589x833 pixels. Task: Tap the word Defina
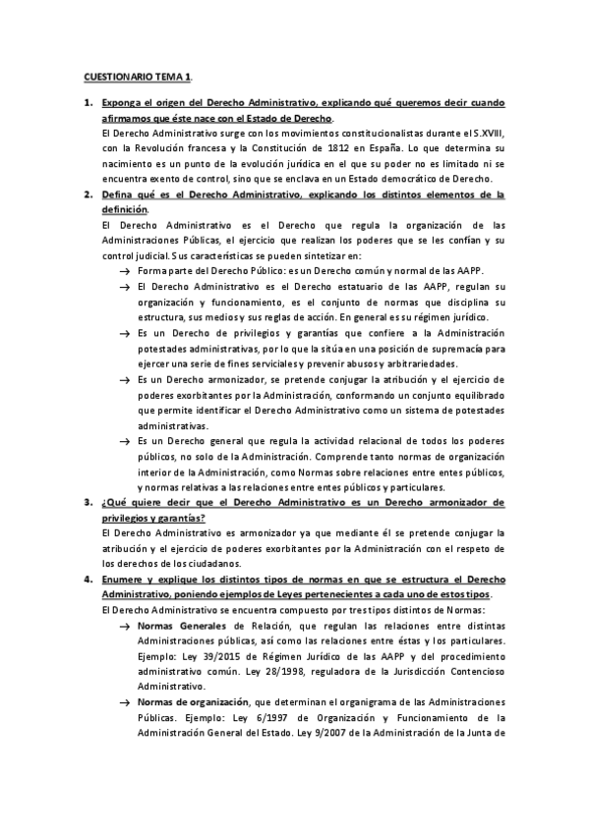(119, 194)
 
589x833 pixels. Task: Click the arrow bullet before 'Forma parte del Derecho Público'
(125, 270)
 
